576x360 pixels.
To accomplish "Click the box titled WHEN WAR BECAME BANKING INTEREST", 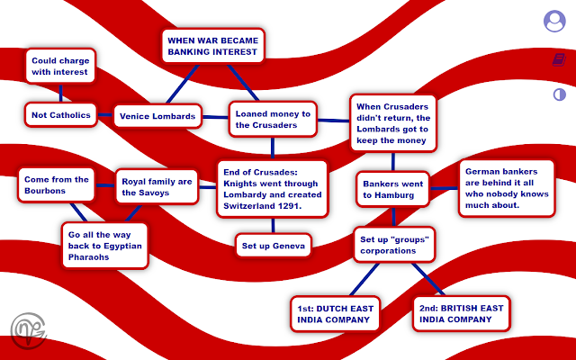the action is point(212,45).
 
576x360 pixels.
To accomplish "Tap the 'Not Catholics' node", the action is point(60,115).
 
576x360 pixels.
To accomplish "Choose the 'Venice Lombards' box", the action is point(157,115).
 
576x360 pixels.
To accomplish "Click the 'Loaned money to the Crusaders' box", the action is point(273,119).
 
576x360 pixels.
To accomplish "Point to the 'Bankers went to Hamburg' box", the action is point(392,189).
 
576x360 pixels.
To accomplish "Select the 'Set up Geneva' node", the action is point(274,245).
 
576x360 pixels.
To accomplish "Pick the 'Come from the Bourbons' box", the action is point(57,185).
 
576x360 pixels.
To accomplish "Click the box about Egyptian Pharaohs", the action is point(104,244).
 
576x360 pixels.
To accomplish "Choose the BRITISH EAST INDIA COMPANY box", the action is point(461,312).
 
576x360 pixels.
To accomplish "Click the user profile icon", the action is point(554,22).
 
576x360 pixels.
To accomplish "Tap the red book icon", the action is point(559,60).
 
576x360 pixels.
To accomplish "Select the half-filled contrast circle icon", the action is point(559,94).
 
